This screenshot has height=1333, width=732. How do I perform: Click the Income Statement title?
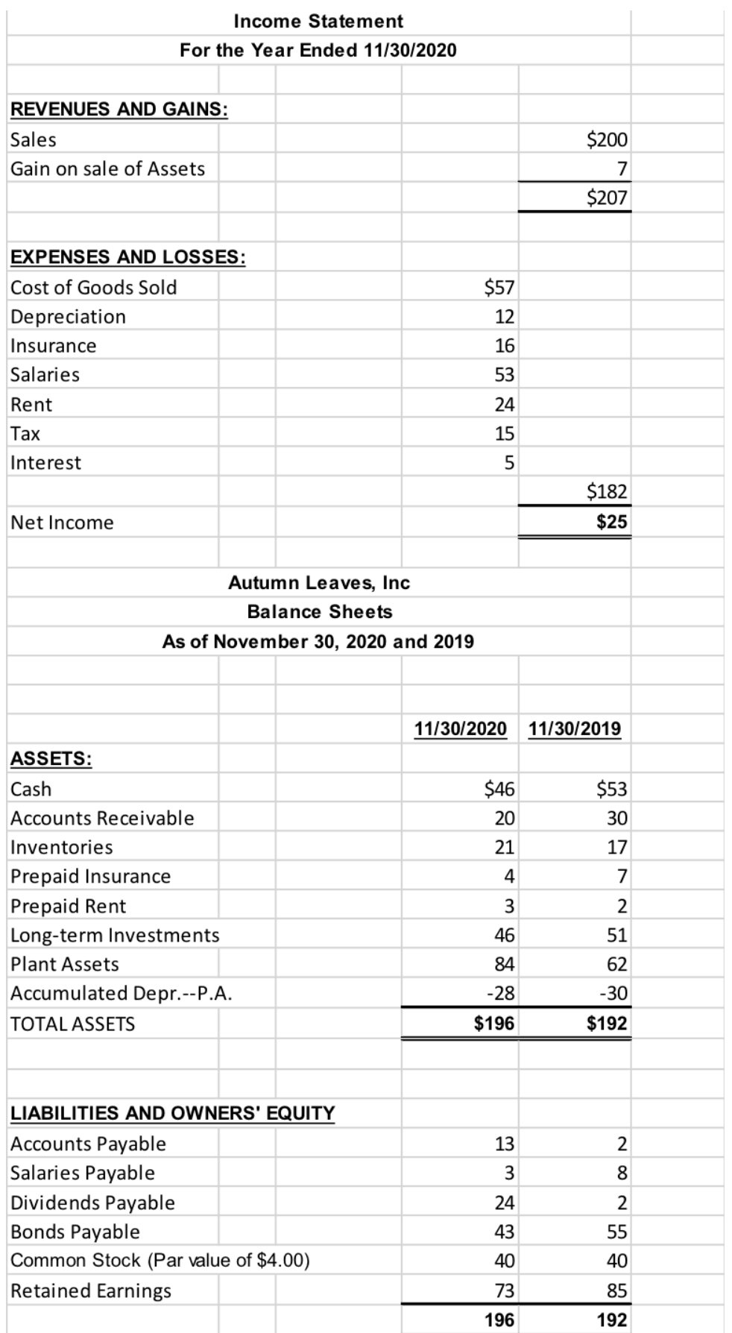pos(318,21)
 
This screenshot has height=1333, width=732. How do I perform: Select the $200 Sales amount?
pos(607,139)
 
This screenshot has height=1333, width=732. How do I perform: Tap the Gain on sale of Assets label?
pos(107,169)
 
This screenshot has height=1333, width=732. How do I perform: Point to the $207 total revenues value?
pos(607,198)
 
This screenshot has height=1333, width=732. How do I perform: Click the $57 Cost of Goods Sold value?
pos(499,287)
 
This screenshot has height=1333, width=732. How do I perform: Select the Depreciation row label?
pos(68,317)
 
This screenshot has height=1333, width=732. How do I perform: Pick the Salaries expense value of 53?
pos(505,375)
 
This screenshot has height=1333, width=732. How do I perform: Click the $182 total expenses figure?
pos(607,491)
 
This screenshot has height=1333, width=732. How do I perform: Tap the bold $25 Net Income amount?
pos(611,522)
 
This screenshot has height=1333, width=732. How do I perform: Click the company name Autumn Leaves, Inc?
pos(318,583)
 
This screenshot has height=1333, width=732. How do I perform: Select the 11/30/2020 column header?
pos(460,728)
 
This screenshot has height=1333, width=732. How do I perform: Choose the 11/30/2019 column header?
pos(574,728)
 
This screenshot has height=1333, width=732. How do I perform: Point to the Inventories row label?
pos(62,848)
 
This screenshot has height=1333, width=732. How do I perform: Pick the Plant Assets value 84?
pos(505,965)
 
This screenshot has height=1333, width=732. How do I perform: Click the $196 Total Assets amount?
pos(494,1024)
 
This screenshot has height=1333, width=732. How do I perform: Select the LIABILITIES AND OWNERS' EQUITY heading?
pos(172,1113)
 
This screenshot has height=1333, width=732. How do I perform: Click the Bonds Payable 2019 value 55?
pos(616,1232)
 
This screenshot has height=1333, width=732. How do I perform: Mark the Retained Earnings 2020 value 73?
pos(505,1291)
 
